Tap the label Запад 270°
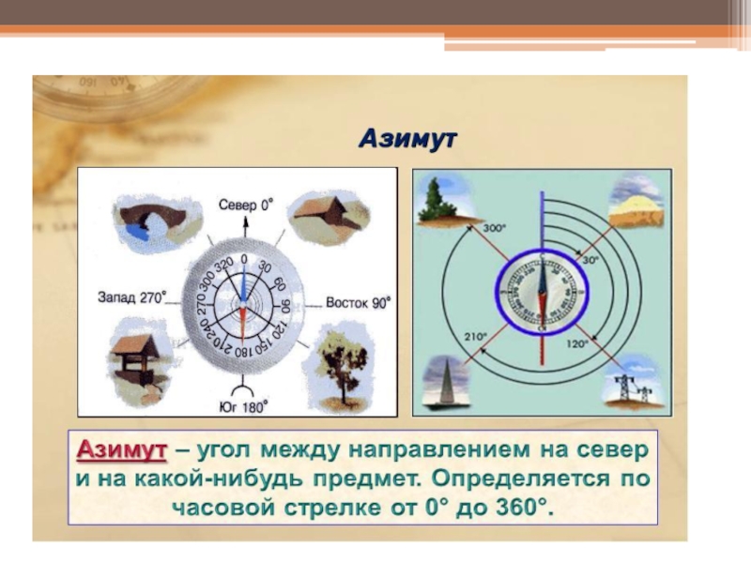[x=132, y=297]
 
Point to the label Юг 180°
[x=246, y=405]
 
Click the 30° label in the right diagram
[x=590, y=261]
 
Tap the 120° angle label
[x=576, y=344]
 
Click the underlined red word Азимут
[x=121, y=450]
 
